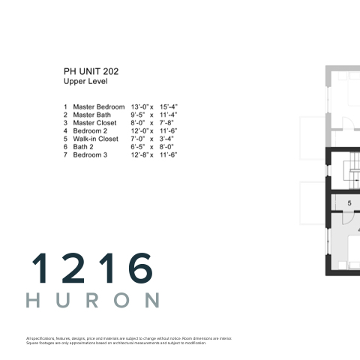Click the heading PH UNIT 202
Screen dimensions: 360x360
pos(91,72)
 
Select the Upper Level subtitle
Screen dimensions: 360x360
pos(85,82)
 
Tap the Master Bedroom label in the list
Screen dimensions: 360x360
pos(99,107)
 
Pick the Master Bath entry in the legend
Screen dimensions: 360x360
pos(91,115)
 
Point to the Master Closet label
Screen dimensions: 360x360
pos(94,123)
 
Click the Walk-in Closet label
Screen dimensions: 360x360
pos(95,139)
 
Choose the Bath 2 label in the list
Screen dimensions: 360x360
pos(83,147)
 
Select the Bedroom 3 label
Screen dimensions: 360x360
pos(90,155)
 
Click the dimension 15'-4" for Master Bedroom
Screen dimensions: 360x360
pos(169,107)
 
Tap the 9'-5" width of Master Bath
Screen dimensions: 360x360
pos(138,115)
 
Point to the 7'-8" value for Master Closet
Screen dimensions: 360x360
pos(166,123)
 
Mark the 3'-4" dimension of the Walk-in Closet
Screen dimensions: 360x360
pos(166,139)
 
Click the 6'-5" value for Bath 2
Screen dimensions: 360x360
pos(138,147)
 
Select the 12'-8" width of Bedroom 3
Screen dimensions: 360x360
pos(139,155)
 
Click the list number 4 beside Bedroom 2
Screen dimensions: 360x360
pos(65,131)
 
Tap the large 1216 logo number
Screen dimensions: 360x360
pos(92,268)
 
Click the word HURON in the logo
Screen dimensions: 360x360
pos(93,300)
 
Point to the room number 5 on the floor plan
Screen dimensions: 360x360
pos(349,203)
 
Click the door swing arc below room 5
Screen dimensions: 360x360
pos(350,220)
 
